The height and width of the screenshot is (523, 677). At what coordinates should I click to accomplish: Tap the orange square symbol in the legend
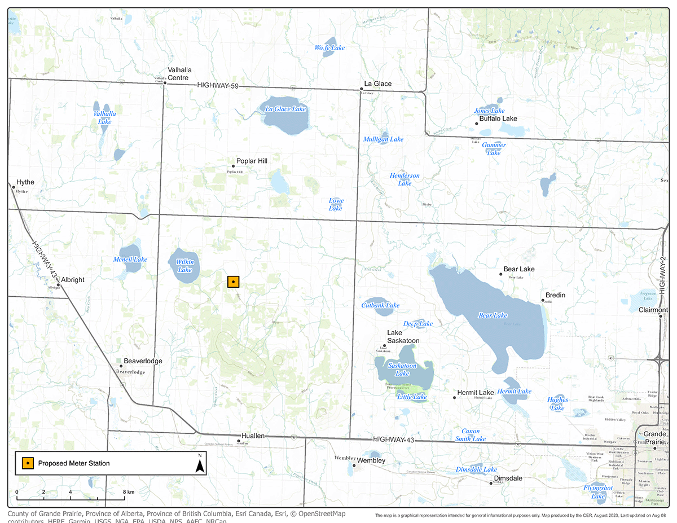(27, 463)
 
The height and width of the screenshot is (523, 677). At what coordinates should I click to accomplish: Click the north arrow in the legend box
(199, 464)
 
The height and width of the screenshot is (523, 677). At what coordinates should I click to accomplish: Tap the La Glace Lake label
(285, 109)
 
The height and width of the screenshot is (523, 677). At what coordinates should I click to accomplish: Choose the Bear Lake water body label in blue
(493, 315)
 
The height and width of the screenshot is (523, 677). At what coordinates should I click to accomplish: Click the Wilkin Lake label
(184, 266)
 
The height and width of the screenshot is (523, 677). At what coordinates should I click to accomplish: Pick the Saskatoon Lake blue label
(402, 370)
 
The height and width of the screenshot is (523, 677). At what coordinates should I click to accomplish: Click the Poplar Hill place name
(252, 161)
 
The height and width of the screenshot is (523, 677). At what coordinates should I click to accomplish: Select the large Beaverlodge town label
(143, 361)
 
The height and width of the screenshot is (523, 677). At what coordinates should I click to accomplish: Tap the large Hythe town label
(25, 182)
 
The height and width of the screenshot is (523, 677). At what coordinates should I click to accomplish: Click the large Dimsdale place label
(508, 478)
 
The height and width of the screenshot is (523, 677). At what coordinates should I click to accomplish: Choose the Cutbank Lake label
(380, 305)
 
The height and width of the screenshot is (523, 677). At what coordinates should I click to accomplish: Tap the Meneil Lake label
(130, 260)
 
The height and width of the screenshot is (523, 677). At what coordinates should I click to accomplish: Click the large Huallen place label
(253, 436)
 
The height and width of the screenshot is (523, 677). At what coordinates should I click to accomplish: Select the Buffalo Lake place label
(498, 119)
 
